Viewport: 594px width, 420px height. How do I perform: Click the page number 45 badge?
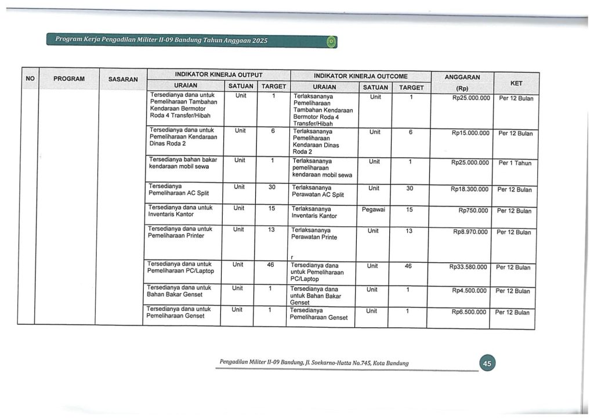pos(487,363)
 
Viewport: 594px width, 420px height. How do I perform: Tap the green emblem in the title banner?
pos(331,42)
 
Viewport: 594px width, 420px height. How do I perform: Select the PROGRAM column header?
pos(69,79)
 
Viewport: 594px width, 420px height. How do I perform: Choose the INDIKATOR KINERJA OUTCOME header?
pos(360,76)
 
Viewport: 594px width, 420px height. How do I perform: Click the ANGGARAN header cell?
pos(462,77)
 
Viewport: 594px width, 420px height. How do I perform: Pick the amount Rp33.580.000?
pos(469,267)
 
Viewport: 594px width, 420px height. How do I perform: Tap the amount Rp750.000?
pos(473,211)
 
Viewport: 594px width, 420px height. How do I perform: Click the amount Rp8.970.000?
pos(470,232)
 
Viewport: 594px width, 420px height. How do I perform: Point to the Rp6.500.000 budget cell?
pos(469,312)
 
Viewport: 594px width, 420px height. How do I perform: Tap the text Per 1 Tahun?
pos(515,163)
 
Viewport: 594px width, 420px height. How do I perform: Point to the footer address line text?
pos(314,363)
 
